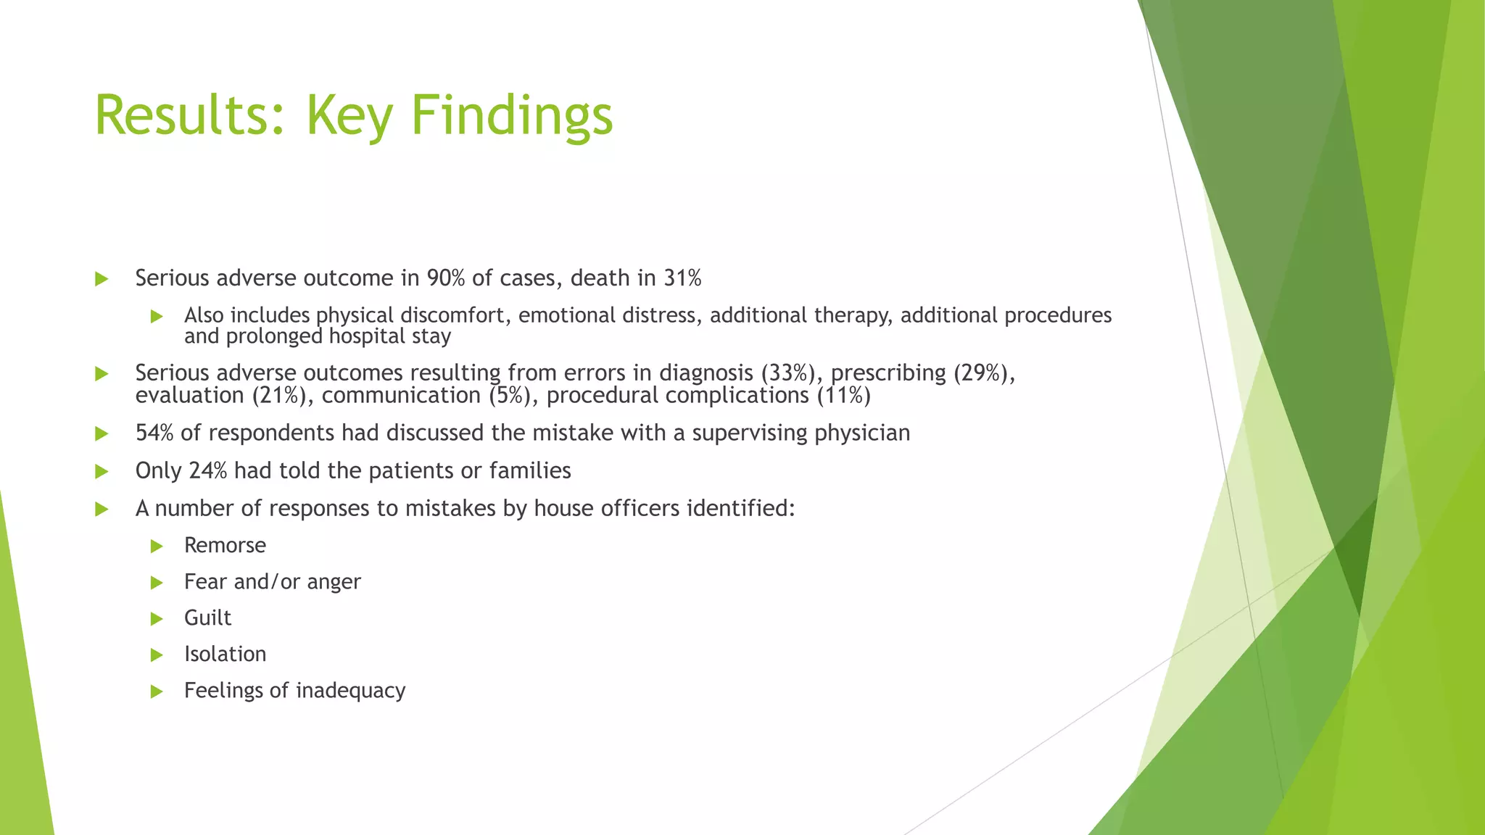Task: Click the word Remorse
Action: click(225, 545)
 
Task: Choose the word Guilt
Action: click(207, 618)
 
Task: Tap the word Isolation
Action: click(225, 654)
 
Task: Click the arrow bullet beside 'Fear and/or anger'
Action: click(157, 582)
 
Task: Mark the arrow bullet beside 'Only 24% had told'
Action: click(102, 472)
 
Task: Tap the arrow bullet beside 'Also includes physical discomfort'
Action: click(157, 316)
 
